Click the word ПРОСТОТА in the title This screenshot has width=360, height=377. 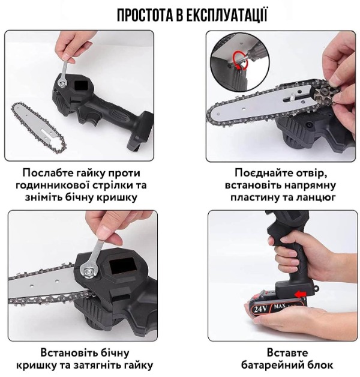click(145, 15)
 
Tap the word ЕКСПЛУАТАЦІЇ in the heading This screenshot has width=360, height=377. click(227, 15)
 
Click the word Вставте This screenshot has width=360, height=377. click(287, 353)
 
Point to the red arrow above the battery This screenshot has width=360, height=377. click(301, 294)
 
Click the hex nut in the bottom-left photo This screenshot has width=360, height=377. click(88, 271)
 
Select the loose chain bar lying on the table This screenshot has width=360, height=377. click(38, 125)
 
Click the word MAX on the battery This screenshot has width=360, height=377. click(279, 307)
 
